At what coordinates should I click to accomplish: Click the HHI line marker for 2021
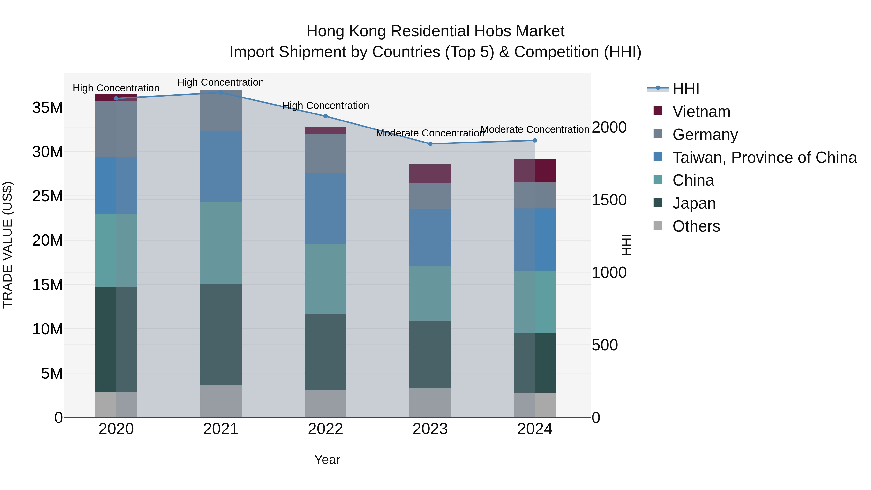click(221, 92)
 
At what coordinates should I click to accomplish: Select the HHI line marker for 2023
click(430, 144)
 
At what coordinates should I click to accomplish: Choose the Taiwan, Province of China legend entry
click(764, 158)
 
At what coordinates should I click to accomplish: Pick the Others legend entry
click(696, 226)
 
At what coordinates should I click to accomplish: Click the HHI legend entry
click(685, 89)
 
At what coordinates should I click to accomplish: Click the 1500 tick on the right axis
click(609, 200)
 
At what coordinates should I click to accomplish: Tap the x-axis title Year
click(327, 460)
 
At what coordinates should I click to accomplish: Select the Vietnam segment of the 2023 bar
click(430, 173)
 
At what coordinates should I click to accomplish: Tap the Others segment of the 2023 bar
click(430, 402)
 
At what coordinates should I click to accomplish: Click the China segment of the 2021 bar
click(221, 242)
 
